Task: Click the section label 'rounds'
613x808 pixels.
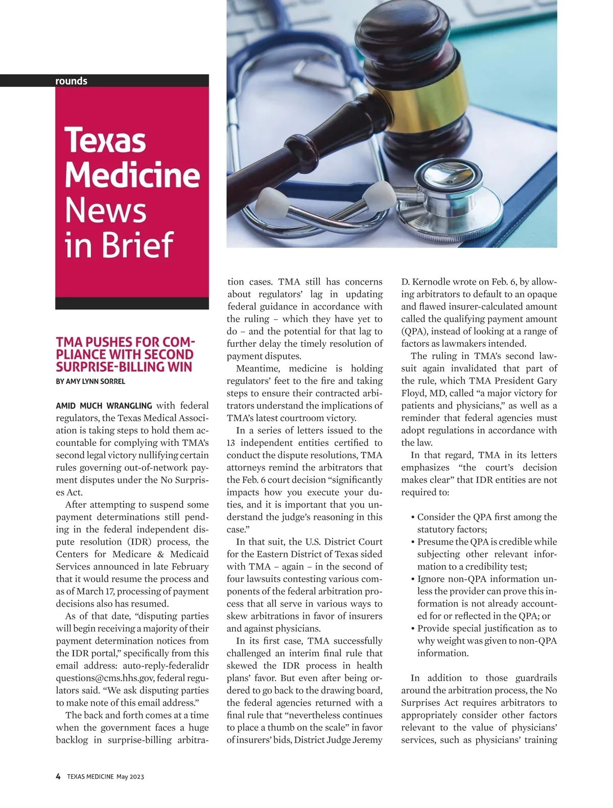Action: (x=72, y=81)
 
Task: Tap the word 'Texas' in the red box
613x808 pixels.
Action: (x=105, y=140)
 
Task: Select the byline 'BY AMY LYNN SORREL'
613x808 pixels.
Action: (x=90, y=381)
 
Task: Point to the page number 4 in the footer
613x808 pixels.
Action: (x=58, y=776)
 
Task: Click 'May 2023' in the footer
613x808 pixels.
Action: (x=130, y=777)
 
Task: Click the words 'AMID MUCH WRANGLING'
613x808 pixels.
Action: (x=104, y=406)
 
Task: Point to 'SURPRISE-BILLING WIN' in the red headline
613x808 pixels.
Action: (x=124, y=367)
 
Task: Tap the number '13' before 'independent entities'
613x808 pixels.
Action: (x=231, y=443)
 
